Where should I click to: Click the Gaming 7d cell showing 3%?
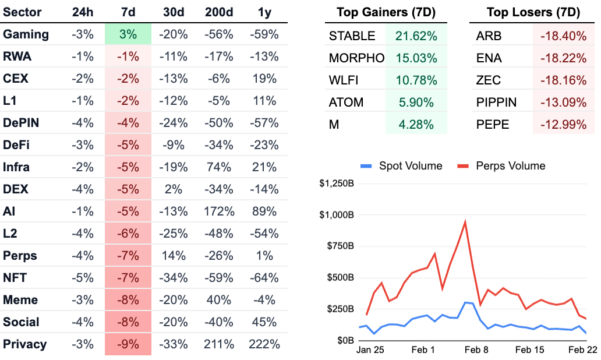click(x=128, y=34)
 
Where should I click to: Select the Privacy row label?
click(x=25, y=344)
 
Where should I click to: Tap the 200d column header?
click(x=219, y=13)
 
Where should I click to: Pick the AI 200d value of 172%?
click(x=219, y=211)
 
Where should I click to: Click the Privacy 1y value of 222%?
click(x=264, y=344)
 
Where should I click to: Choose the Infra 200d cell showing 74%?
click(x=219, y=167)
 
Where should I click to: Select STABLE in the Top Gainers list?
click(x=352, y=36)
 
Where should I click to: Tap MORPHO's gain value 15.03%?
click(x=416, y=58)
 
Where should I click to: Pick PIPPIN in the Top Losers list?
click(x=496, y=103)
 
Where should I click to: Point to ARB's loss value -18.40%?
click(x=563, y=36)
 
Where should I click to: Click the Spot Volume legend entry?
click(x=401, y=166)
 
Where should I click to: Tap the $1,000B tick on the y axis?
click(x=337, y=215)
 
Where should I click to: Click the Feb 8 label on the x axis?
click(x=476, y=350)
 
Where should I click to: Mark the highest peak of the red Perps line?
click(x=465, y=221)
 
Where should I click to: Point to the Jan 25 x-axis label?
click(x=371, y=350)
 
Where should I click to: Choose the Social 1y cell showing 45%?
click(x=264, y=322)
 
